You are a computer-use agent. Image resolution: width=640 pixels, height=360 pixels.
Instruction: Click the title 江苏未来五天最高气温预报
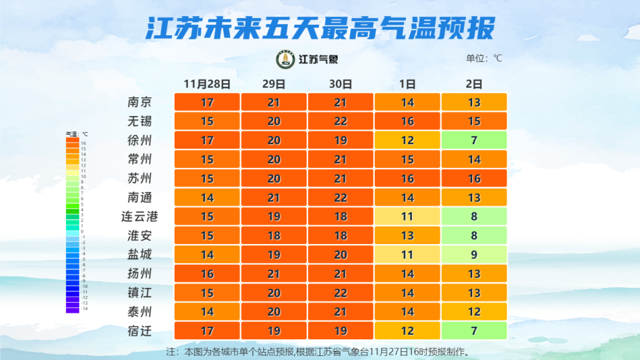point(320,29)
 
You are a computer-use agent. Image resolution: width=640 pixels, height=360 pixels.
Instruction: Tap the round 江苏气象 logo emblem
point(285,59)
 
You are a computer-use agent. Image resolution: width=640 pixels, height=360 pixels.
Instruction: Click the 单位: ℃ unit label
point(483,59)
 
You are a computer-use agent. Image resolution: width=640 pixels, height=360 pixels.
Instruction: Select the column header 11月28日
point(207,84)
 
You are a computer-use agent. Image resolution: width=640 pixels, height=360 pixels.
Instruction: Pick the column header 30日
point(340,84)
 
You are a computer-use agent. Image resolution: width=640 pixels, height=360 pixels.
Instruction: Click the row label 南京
point(140,102)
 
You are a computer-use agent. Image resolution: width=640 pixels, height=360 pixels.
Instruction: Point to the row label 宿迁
point(140,331)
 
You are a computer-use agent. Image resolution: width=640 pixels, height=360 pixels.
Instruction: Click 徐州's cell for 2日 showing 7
point(474,141)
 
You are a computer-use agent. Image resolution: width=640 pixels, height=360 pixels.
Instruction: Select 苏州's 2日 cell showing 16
point(474,179)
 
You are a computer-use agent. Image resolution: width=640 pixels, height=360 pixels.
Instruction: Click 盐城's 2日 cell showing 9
point(474,255)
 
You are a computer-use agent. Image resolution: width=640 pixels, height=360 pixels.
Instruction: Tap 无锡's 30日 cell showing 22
point(341,121)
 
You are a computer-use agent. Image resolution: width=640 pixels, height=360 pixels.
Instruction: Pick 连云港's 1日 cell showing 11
point(407,217)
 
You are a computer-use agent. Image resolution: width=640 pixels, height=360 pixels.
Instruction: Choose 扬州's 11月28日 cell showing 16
point(207,274)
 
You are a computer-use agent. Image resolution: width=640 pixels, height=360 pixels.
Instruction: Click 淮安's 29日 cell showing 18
point(274,236)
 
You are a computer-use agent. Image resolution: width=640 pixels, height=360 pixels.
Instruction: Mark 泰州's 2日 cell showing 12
point(474,312)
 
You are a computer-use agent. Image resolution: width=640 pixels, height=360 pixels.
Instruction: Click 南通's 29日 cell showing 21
point(274,197)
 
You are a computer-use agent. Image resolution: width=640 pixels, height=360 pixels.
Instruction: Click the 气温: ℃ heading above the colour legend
point(77,135)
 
